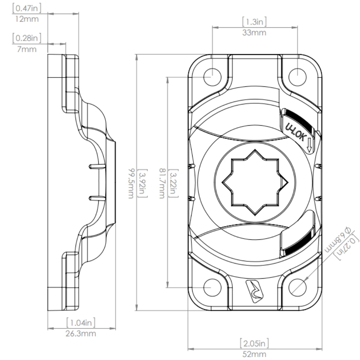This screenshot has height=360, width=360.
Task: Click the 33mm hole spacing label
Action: [x=255, y=33]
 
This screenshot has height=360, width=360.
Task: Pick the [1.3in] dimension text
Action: [x=255, y=22]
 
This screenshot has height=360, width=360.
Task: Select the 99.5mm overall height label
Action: [x=132, y=184]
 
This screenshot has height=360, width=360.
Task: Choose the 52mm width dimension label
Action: [x=254, y=354]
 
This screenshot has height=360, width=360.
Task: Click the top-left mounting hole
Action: [x=212, y=76]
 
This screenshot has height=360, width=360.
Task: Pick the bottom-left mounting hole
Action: [x=212, y=287]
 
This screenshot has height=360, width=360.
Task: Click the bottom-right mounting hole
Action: [x=297, y=287]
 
